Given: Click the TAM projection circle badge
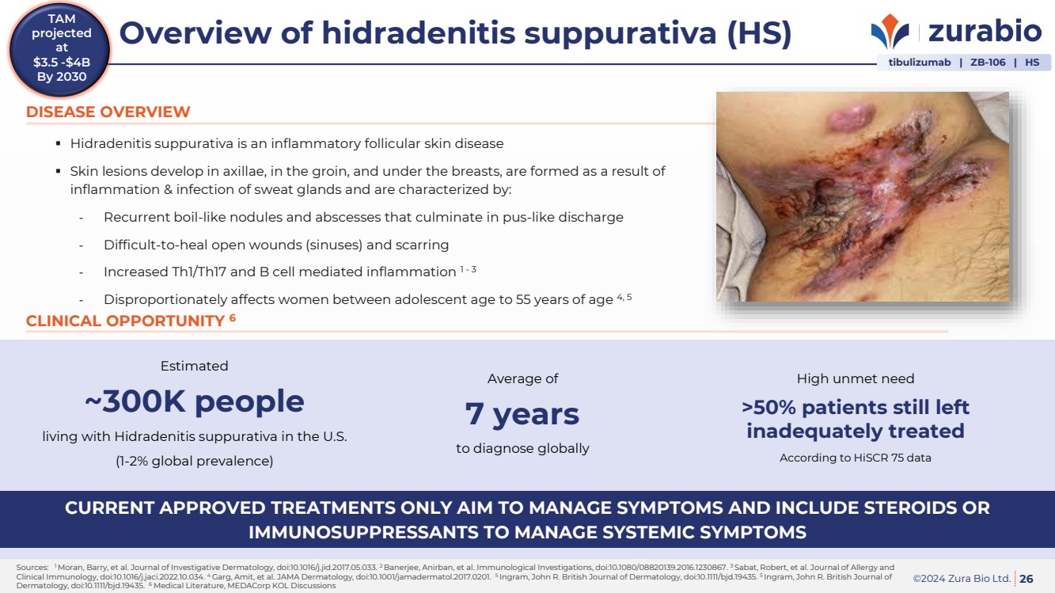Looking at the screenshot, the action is [59, 49].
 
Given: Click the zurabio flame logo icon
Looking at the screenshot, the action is [890, 31].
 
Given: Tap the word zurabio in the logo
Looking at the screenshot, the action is [985, 31].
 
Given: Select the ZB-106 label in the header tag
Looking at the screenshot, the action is [988, 63].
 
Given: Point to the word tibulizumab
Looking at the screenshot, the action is [920, 63].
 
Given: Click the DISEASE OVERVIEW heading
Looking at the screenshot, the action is [108, 112].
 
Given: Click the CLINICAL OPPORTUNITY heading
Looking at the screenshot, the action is [131, 321].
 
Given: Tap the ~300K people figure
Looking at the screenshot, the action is [195, 401].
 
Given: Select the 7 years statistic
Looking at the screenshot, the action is [522, 414].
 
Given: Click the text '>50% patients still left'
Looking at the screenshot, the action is [856, 407].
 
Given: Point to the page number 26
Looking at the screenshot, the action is [1027, 579].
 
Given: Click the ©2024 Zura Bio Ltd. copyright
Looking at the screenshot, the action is [962, 579].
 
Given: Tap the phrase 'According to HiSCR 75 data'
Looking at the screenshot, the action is [856, 458].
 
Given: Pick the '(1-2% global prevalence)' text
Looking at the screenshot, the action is [195, 461].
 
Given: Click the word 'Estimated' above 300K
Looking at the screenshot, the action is [194, 366].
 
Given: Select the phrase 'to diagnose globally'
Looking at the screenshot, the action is [522, 448].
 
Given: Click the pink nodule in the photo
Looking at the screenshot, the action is [848, 118].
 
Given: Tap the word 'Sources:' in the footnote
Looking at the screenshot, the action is [32, 568].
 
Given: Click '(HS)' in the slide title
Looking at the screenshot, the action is [759, 34].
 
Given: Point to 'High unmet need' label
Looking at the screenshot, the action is [856, 378].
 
